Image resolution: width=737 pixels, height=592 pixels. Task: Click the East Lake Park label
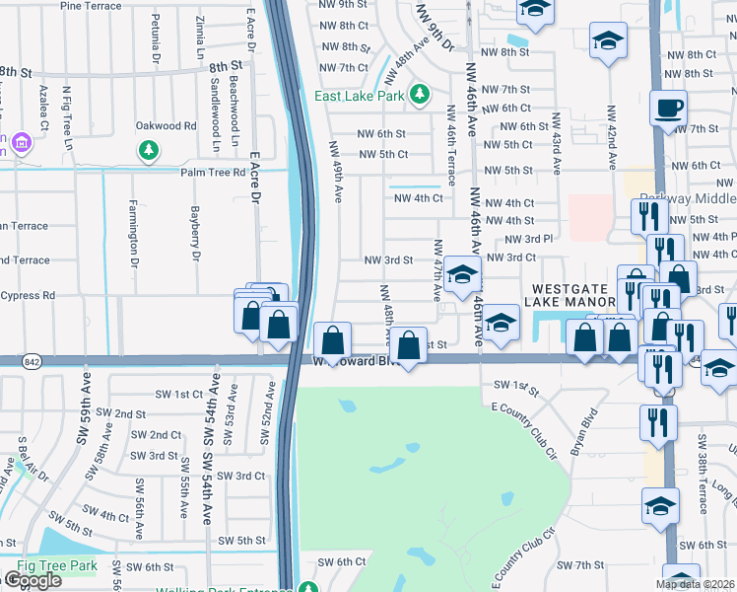click(x=360, y=96)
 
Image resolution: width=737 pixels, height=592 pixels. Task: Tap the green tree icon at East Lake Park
click(x=421, y=94)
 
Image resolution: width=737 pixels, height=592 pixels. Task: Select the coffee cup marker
click(x=669, y=108)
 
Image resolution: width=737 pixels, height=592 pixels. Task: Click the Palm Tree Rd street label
click(x=212, y=173)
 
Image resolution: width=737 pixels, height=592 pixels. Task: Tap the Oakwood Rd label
click(x=167, y=125)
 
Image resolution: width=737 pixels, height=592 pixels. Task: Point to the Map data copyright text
click(x=696, y=583)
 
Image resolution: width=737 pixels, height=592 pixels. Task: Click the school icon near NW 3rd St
click(x=460, y=274)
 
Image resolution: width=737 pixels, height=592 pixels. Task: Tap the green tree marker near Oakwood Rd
click(x=149, y=150)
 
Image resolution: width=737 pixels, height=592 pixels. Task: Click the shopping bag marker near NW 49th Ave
click(x=333, y=340)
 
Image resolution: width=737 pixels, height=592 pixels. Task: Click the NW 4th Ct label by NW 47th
click(x=419, y=197)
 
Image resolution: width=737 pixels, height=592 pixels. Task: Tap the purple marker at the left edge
click(x=19, y=145)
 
